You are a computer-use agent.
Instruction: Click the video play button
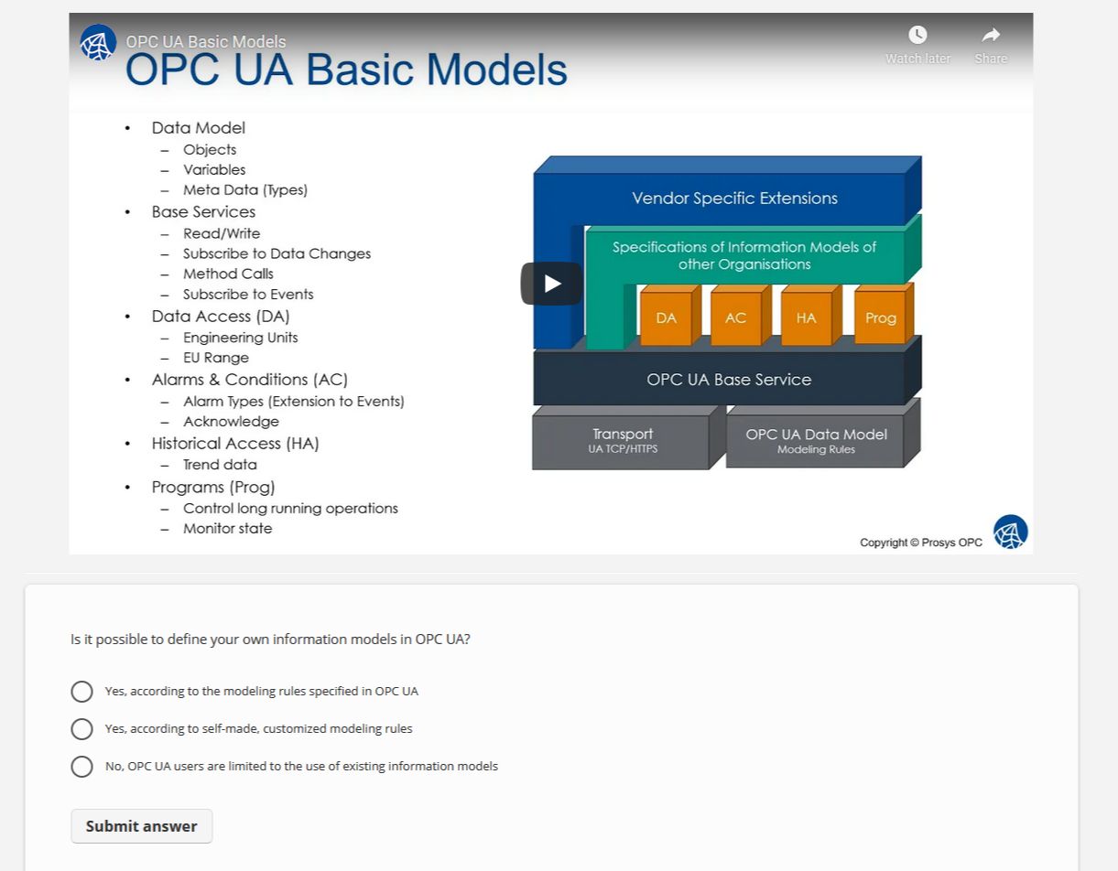click(x=552, y=284)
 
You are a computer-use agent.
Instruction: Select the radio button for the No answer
click(x=81, y=767)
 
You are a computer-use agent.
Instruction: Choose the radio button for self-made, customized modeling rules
click(x=81, y=729)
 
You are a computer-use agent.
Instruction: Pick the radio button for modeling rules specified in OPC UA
click(x=81, y=692)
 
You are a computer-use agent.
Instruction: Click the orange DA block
click(x=666, y=318)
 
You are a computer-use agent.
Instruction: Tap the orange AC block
click(x=735, y=318)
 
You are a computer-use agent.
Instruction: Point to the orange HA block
click(x=806, y=318)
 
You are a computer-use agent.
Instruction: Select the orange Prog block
click(x=880, y=318)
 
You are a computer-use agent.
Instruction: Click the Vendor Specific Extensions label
click(x=734, y=199)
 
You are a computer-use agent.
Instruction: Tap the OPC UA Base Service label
click(x=729, y=380)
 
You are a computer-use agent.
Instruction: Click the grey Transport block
click(x=622, y=440)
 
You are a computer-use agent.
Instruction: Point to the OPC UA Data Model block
click(x=815, y=440)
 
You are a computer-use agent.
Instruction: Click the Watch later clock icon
click(x=917, y=35)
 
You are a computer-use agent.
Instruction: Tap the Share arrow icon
click(x=991, y=35)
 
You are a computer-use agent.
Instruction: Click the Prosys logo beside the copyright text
click(x=1010, y=532)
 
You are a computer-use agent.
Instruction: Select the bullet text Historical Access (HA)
click(x=235, y=444)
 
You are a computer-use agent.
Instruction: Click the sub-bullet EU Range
click(x=216, y=358)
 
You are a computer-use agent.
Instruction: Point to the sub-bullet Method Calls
click(x=228, y=274)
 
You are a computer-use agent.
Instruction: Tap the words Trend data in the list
click(x=220, y=465)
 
